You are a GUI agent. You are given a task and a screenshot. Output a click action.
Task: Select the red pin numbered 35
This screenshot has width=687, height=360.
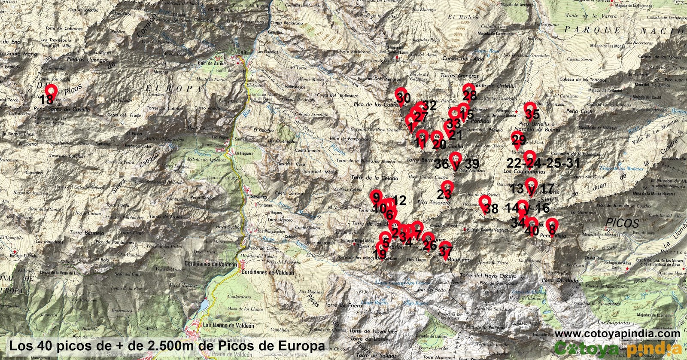pos(531,109)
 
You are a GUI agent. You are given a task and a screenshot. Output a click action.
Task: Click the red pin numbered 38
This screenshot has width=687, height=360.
pos(485,203)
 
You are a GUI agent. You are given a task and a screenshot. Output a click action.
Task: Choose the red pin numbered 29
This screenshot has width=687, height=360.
pos(517,138)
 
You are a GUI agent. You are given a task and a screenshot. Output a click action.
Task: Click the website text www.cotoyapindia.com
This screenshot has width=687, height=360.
pos(617,334)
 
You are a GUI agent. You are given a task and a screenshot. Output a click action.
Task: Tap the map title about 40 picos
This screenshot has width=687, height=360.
pos(167,346)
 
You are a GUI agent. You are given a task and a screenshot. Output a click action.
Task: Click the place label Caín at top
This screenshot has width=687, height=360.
pos(243,52)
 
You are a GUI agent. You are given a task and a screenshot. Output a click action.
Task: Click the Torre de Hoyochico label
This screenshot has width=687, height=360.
pos(373,332)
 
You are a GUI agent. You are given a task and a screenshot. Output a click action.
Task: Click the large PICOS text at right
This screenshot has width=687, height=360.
pos(623,223)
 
